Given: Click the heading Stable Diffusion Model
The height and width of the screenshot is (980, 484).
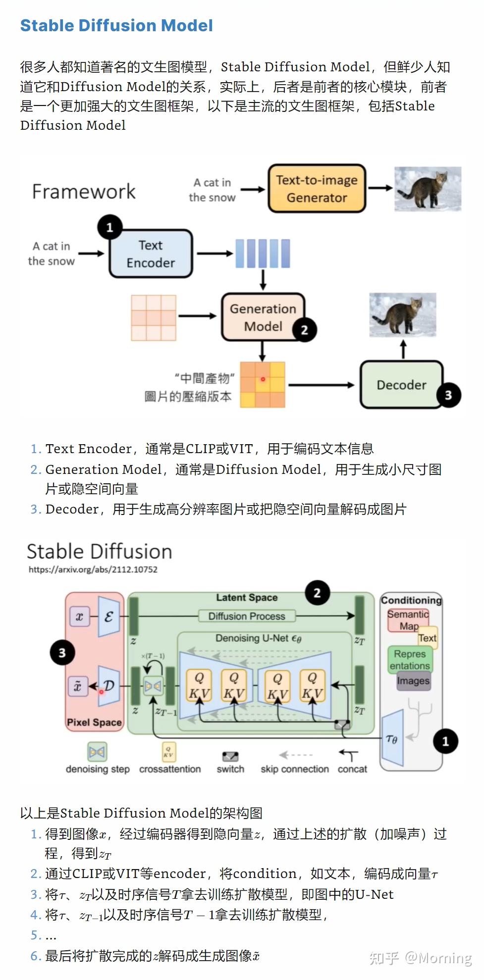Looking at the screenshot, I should [x=116, y=25].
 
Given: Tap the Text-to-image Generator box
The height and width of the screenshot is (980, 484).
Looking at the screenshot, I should [x=317, y=189].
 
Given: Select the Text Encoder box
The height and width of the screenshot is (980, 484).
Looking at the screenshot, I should [x=151, y=254].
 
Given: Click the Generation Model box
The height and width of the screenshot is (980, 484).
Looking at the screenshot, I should [x=263, y=317].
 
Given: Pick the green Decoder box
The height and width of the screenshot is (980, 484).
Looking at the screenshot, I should [x=401, y=385].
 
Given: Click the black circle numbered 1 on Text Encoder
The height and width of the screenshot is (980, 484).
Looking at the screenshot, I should [x=110, y=227].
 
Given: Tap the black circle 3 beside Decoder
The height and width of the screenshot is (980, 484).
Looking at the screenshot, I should [x=448, y=395].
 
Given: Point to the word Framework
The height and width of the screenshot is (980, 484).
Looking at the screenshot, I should [x=84, y=191].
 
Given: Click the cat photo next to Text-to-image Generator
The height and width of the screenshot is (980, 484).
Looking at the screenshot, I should [x=428, y=189].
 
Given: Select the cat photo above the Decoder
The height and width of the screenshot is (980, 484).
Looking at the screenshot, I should [x=403, y=315].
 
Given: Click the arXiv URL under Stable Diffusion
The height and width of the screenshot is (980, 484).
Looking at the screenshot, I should [x=93, y=569].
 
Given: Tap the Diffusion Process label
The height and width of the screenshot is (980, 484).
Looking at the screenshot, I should [x=247, y=616].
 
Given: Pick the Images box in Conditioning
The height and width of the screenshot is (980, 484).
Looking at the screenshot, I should [x=413, y=680].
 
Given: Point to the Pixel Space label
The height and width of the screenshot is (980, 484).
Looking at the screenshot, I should [x=94, y=722].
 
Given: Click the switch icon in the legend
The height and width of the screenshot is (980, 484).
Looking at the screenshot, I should [x=230, y=756].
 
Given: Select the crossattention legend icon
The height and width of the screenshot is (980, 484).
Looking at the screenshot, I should [x=169, y=752].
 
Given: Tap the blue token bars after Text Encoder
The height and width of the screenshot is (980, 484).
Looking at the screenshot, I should [x=263, y=254].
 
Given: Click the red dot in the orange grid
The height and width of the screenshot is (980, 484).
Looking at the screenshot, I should [x=263, y=379].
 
